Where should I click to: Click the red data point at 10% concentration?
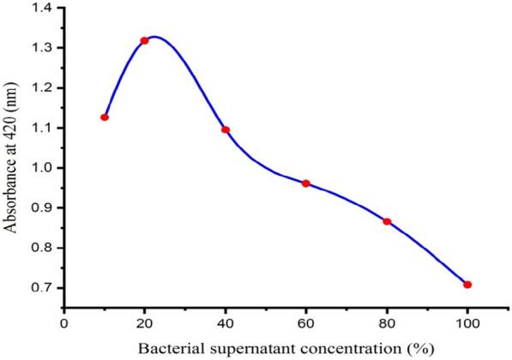pyautogui.click(x=105, y=117)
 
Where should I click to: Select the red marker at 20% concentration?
pyautogui.click(x=144, y=41)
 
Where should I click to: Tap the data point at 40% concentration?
pyautogui.click(x=226, y=130)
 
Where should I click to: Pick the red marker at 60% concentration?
pyautogui.click(x=305, y=183)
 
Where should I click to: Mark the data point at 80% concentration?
pyautogui.click(x=387, y=221)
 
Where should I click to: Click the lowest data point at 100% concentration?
pyautogui.click(x=467, y=285)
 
